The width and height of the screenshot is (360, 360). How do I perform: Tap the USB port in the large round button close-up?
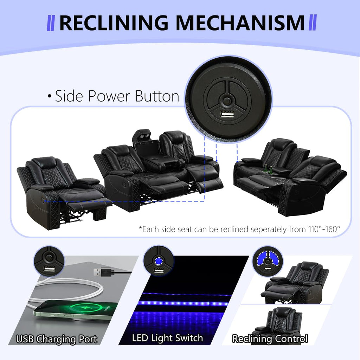click(x=227, y=114)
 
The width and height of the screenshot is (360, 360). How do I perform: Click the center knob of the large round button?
click(x=227, y=101)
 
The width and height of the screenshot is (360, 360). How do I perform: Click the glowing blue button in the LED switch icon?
click(x=159, y=261)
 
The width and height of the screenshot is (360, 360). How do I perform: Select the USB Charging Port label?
click(x=57, y=339)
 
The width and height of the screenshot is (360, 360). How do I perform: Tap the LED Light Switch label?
click(x=167, y=338)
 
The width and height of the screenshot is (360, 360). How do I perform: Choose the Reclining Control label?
click(x=270, y=339)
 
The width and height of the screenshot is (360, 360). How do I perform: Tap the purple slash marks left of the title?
click(x=51, y=23)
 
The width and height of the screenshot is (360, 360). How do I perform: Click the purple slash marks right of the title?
click(x=313, y=22)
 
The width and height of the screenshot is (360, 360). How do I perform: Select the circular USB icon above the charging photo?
click(x=49, y=261)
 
